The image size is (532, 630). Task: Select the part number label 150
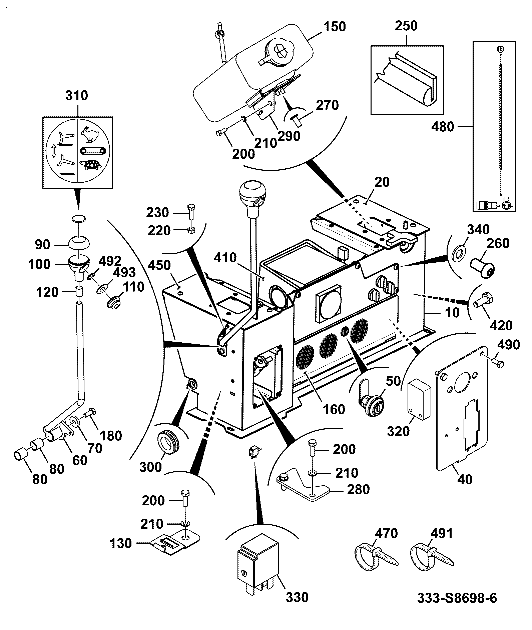(335, 27)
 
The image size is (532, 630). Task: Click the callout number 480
(443, 127)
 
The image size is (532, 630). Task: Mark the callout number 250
(407, 26)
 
